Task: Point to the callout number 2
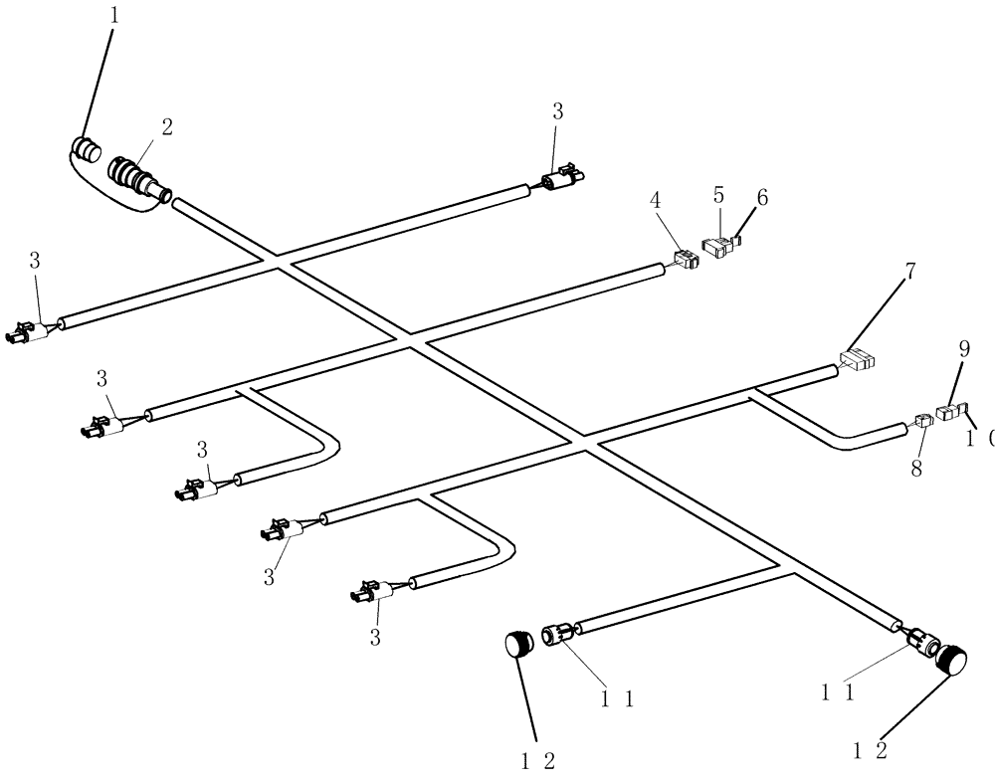tap(166, 126)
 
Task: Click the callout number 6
tap(762, 198)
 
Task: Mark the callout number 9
tap(963, 348)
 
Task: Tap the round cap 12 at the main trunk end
tap(953, 662)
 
